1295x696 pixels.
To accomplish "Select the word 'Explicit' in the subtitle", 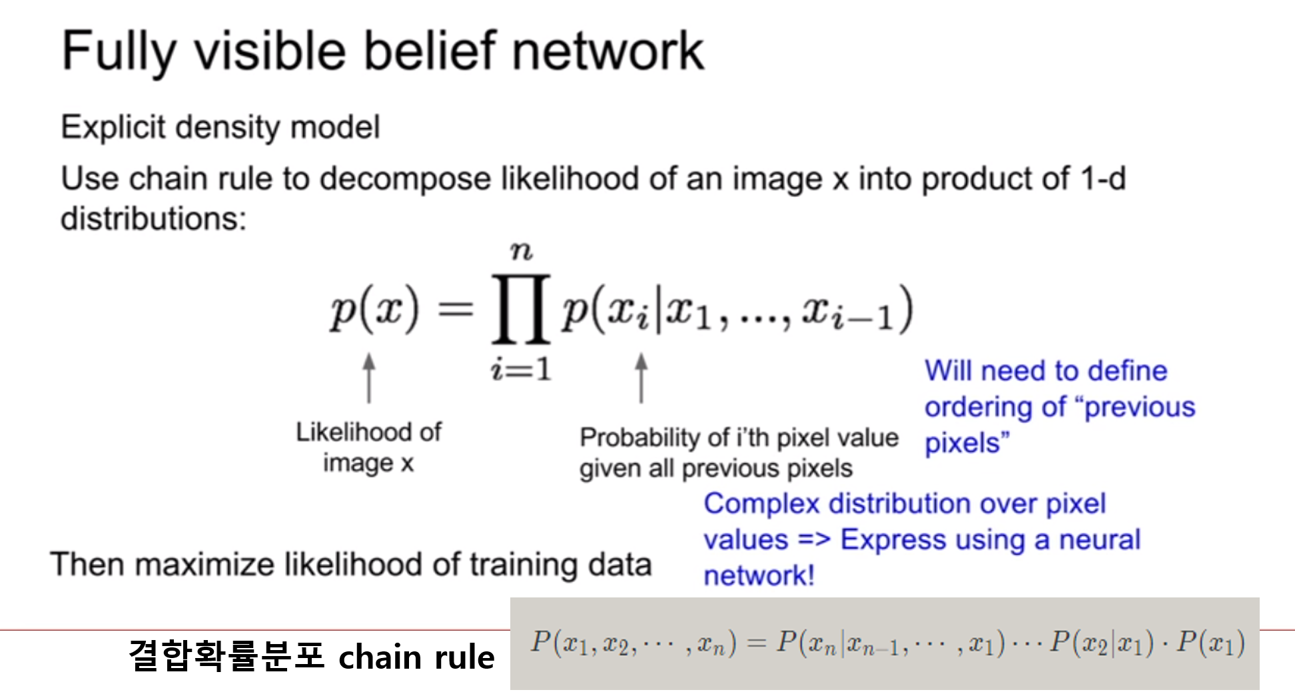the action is pos(113,127).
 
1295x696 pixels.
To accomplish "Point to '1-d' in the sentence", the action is pos(1103,178).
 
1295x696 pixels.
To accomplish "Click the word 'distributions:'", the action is pos(153,218).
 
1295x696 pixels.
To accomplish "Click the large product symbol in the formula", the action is pos(521,308).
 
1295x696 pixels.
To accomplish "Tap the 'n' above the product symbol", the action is pos(522,251).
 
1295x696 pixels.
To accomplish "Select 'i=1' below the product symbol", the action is pos(522,368).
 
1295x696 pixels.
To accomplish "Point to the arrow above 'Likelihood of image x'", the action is pos(369,378).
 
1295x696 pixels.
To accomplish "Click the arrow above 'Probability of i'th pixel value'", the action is pos(642,378).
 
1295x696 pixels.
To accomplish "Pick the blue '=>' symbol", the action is pos(814,539).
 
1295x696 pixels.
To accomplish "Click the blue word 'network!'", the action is pos(759,575).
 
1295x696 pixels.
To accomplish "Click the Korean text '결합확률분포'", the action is pos(226,655).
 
